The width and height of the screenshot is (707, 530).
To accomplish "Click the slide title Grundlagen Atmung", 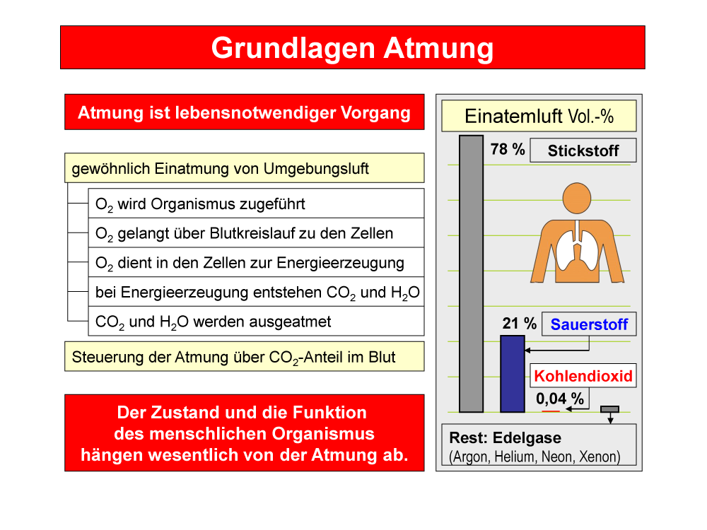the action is [x=352, y=48].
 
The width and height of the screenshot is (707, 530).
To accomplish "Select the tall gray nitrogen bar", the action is [x=471, y=273].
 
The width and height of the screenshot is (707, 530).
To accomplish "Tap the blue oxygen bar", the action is [x=513, y=374].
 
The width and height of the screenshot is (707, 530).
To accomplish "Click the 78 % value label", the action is [x=508, y=149].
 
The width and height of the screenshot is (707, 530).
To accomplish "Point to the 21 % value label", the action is [x=520, y=323].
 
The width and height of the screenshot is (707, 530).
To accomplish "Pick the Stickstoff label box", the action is [x=583, y=150].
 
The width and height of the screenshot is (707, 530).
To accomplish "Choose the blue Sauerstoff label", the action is [x=589, y=324].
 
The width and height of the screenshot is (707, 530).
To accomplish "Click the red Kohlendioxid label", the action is [x=583, y=376].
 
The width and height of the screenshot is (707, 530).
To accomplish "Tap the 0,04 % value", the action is [x=559, y=399].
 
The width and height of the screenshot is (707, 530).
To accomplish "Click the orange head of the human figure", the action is [x=577, y=199].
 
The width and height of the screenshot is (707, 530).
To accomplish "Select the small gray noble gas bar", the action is [x=609, y=409].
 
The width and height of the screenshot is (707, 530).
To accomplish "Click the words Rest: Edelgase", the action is [x=506, y=437].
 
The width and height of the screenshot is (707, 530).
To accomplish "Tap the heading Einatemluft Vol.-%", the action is [x=539, y=117].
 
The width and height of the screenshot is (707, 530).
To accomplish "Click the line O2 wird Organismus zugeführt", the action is [x=200, y=204].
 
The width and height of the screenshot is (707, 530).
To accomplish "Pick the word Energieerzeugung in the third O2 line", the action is [x=341, y=263].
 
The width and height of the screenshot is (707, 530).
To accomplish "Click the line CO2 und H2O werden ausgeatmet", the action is [x=214, y=322].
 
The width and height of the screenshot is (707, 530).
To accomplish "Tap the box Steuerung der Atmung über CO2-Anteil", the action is [x=245, y=356].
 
